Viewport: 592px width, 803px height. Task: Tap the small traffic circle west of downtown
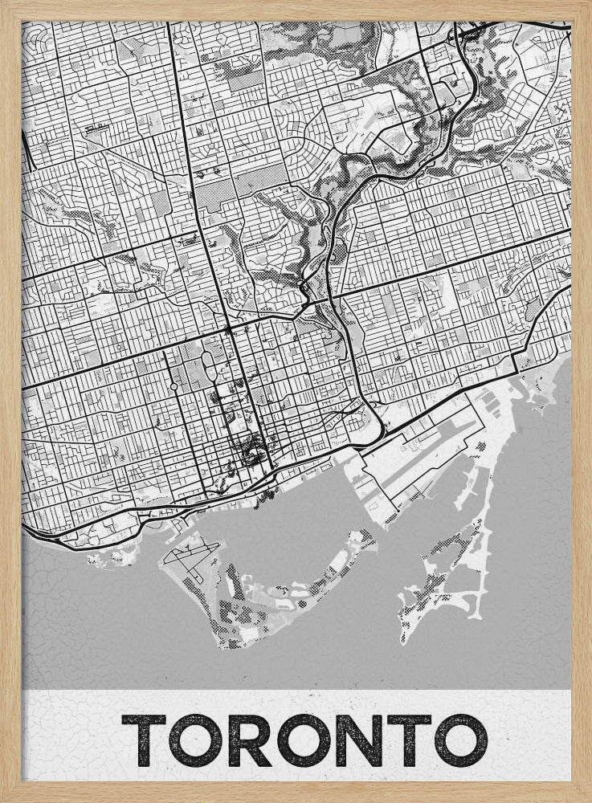click(x=174, y=387)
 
